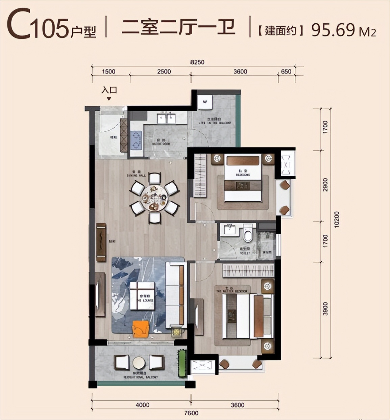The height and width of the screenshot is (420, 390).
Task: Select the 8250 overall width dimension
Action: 197,62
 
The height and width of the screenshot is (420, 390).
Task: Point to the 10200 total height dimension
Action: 336,219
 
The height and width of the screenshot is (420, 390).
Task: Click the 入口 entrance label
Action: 109,90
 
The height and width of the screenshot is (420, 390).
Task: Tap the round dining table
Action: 154,197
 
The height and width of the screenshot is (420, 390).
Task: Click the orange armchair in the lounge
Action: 141,329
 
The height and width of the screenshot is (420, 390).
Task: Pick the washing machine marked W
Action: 205,101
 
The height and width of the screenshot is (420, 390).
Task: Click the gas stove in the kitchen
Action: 136,140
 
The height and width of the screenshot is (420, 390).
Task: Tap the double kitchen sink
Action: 166,119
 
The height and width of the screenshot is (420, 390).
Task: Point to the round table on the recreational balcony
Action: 139,363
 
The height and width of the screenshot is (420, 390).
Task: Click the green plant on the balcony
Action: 182,363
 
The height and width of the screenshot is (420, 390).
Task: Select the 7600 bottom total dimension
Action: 192,413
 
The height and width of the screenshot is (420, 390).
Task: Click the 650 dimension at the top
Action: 286,71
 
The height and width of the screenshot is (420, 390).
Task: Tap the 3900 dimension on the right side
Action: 325,309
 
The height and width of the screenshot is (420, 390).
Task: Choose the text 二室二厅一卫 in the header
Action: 178,28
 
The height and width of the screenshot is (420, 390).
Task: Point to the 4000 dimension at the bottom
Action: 142,405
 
